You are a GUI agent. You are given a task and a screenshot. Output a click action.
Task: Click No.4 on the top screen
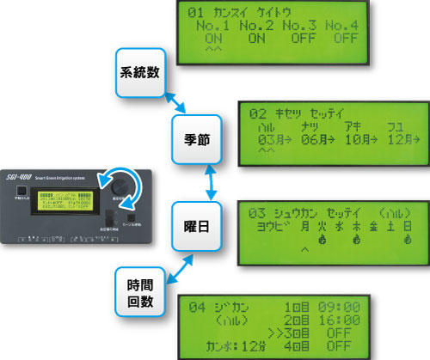click(x=348, y=26)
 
